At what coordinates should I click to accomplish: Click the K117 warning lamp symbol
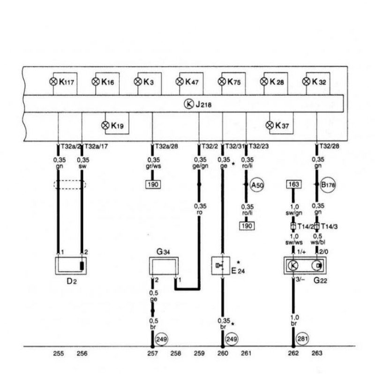click(x=53, y=82)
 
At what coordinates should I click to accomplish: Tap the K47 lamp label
click(x=192, y=82)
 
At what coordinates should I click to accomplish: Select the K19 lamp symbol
click(x=105, y=125)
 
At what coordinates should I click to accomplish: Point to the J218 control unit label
click(x=203, y=105)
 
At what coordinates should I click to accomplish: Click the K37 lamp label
click(x=282, y=125)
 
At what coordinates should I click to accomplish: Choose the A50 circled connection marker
click(x=257, y=185)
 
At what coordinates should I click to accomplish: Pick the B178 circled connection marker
click(x=328, y=184)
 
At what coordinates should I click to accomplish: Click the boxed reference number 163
click(x=294, y=184)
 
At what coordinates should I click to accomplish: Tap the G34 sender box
click(x=164, y=266)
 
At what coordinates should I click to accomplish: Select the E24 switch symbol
click(x=221, y=266)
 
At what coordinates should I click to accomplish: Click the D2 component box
click(x=71, y=266)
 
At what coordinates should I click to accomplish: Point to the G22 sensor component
click(x=305, y=265)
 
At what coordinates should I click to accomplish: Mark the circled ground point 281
click(x=302, y=339)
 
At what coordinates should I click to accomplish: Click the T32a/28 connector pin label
click(x=166, y=146)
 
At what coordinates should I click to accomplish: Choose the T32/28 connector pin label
click(x=330, y=146)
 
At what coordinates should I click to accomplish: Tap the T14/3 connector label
click(x=329, y=226)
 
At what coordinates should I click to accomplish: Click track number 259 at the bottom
click(x=199, y=353)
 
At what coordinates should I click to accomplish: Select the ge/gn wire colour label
click(x=200, y=166)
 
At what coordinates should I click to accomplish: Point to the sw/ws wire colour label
click(x=294, y=242)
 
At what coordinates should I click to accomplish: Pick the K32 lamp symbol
click(x=307, y=81)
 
